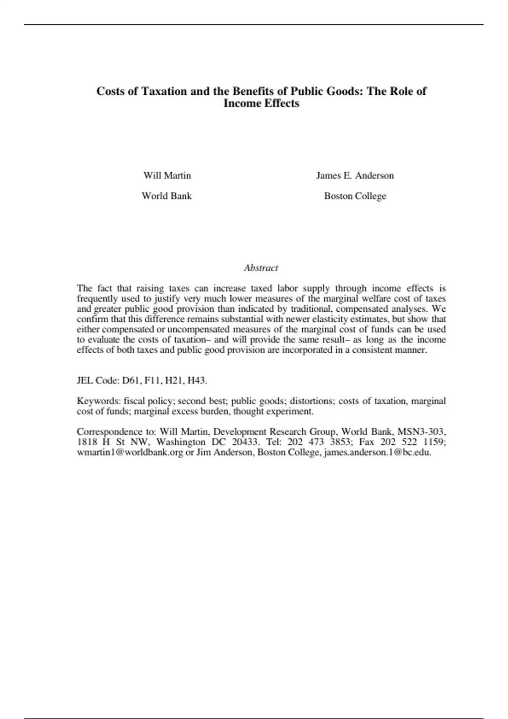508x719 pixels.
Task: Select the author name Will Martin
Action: (167, 176)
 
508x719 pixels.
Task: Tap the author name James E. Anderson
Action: (355, 176)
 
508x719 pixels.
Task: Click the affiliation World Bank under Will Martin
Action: (166, 196)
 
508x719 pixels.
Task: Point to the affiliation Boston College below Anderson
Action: (355, 196)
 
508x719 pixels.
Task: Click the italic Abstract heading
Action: (261, 268)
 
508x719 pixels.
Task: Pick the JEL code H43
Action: (197, 380)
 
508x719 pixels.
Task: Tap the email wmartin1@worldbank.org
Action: (130, 453)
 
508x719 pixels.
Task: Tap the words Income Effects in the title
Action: (261, 104)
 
